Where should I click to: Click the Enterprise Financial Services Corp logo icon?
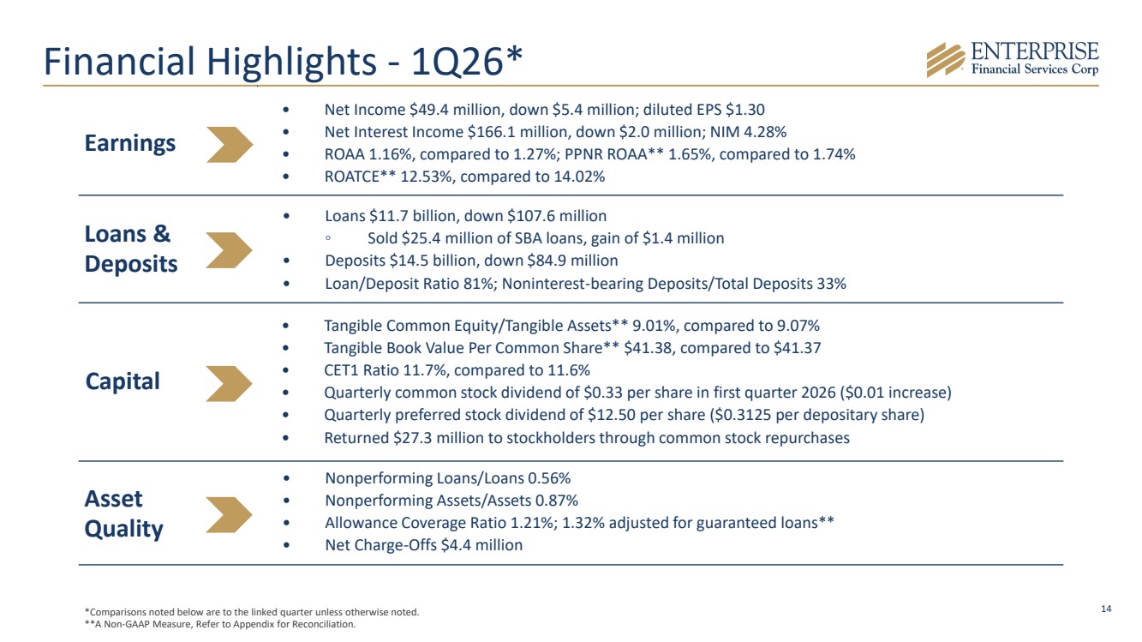(945, 60)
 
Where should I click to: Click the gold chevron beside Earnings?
(230, 145)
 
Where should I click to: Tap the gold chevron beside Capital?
(230, 383)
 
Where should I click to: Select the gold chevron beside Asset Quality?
(230, 514)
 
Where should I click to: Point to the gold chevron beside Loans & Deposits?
(230, 250)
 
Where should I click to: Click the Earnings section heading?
(130, 143)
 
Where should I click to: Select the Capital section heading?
(123, 381)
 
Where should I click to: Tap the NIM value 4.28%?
(765, 132)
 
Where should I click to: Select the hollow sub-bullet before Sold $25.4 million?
(328, 238)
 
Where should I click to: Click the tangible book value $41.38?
(648, 348)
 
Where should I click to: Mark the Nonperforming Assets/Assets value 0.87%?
(557, 501)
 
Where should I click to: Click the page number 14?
(1106, 609)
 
